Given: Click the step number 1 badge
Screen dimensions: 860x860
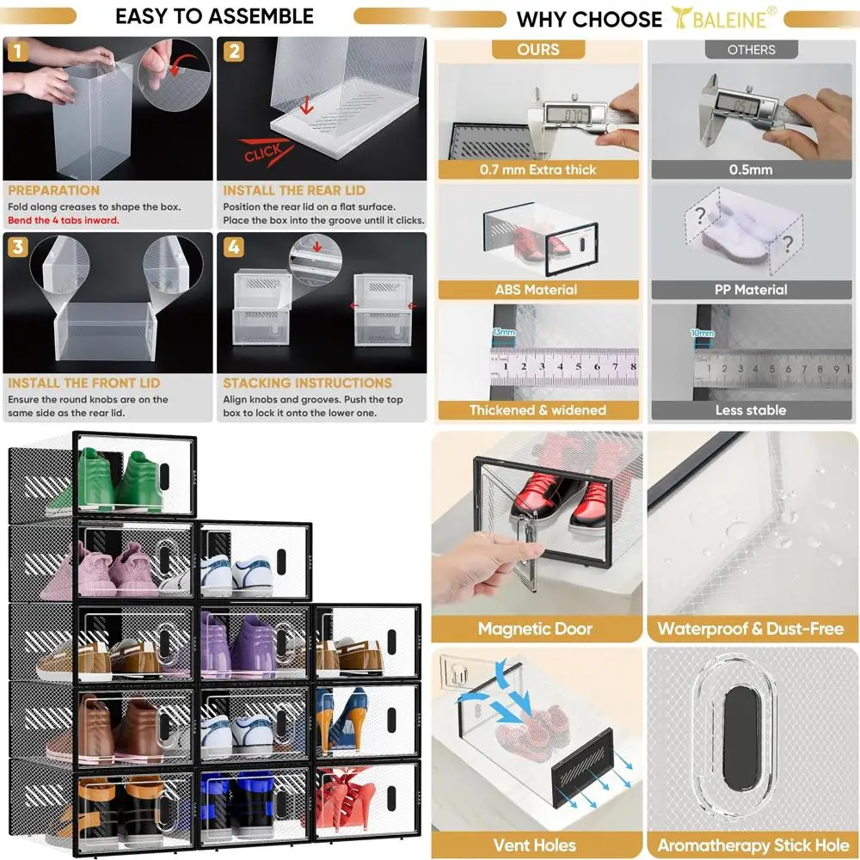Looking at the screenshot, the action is point(17,51).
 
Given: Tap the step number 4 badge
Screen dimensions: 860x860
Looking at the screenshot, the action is point(233,248).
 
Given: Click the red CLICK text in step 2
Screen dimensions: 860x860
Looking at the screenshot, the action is point(264,153).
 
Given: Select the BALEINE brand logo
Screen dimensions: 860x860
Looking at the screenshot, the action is point(724,18).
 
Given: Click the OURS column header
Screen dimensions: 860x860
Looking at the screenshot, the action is point(538,49).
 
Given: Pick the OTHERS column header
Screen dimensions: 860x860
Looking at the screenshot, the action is point(751,50).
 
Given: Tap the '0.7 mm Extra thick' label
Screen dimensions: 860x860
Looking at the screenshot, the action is point(538,169).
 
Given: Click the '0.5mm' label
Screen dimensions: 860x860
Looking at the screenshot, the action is point(751,169).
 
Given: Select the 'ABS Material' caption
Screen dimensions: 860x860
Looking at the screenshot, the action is point(536,290).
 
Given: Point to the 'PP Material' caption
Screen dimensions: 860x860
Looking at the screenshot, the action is point(751,290).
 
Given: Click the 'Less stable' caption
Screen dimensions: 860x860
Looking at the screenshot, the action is point(751,409).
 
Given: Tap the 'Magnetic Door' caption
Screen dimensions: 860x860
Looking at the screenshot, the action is point(535,628).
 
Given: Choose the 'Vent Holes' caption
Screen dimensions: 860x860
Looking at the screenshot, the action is point(535,845).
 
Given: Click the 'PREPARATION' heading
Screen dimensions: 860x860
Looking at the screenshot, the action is point(53,190).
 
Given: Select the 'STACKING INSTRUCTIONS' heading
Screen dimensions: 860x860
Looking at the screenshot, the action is point(308,383).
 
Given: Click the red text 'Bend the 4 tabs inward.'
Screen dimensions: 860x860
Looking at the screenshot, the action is point(63,220).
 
